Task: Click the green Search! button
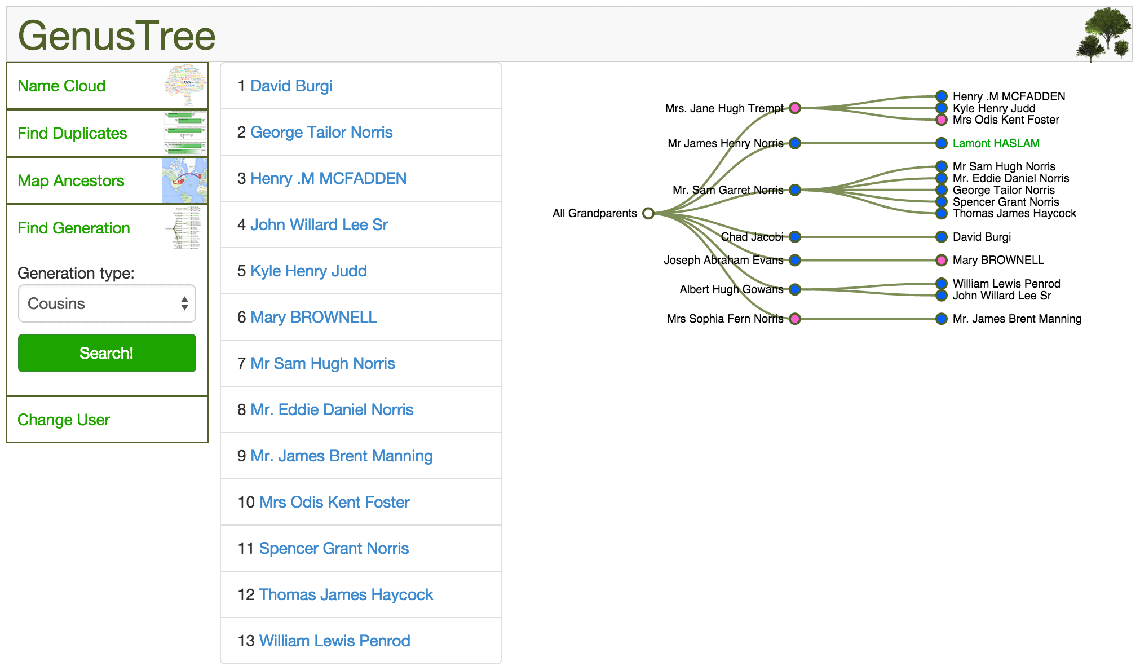(x=107, y=353)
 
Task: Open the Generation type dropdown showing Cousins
(x=107, y=303)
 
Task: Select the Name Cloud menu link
(x=61, y=86)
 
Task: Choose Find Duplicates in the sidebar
(x=72, y=133)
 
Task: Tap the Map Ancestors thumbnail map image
(x=184, y=180)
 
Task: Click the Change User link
(x=64, y=420)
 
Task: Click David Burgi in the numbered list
(x=291, y=86)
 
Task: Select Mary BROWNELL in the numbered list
(x=313, y=317)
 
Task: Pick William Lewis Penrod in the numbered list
(x=334, y=641)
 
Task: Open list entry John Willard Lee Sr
(x=319, y=224)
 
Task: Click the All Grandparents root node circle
(x=648, y=213)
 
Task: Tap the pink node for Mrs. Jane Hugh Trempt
(x=795, y=108)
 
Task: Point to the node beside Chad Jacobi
(x=795, y=237)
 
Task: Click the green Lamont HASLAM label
(x=996, y=143)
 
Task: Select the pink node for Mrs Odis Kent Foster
(x=941, y=120)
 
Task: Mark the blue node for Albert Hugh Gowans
(x=795, y=289)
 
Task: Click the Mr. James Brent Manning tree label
(x=1017, y=319)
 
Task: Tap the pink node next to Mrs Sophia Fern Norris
(x=795, y=319)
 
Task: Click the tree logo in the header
(x=1103, y=34)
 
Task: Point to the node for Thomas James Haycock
(x=941, y=213)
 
